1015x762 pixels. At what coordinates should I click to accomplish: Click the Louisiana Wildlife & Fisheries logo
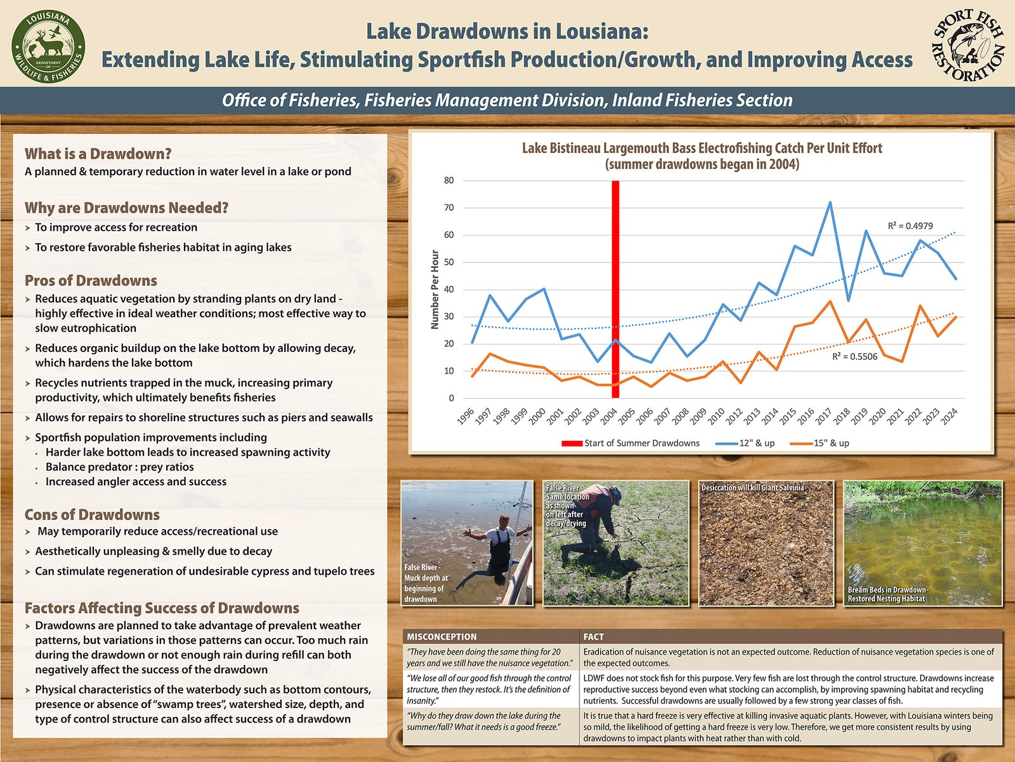48,49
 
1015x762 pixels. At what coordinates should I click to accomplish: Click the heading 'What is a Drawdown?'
98,154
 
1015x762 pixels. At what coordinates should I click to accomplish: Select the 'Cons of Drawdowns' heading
92,514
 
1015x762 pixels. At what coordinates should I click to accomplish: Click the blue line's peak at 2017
830,203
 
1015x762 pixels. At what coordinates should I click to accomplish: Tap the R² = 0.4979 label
910,225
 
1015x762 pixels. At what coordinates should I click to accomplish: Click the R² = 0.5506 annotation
855,357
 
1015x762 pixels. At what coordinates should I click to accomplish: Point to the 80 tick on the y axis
449,180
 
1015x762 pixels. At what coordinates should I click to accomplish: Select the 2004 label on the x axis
609,417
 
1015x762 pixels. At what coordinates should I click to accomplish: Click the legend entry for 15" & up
831,443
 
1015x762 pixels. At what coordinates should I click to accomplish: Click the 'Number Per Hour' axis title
435,290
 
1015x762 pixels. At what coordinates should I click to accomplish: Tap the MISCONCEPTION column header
442,636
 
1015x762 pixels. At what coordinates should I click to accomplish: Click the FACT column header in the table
594,636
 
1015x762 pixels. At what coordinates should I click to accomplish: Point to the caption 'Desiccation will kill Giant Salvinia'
752,488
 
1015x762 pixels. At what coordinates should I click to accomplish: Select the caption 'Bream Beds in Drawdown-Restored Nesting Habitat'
887,594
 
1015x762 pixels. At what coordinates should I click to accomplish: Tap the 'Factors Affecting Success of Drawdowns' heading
162,608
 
